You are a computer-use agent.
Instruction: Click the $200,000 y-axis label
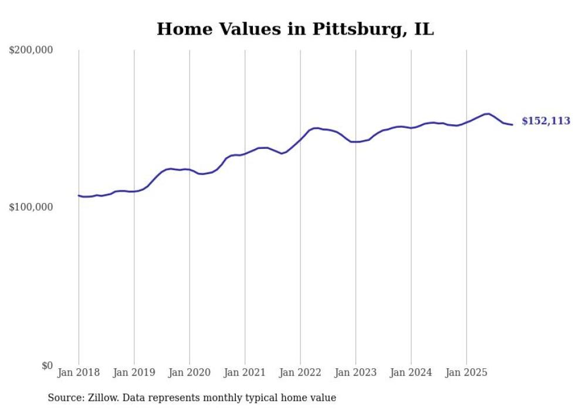tap(31, 50)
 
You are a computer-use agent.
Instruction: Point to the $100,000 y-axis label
tap(31, 208)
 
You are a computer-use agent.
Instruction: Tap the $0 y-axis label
tap(46, 365)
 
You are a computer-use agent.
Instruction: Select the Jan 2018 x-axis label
tap(79, 372)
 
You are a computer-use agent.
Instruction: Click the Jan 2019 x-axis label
tap(134, 372)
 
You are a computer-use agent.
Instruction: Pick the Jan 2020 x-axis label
tap(190, 372)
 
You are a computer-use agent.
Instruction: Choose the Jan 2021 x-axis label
tap(245, 372)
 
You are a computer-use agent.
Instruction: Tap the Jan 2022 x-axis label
tap(300, 372)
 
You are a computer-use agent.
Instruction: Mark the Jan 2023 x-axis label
tap(356, 372)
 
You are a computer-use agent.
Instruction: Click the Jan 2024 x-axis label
tap(411, 372)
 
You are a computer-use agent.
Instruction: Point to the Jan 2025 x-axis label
tap(466, 372)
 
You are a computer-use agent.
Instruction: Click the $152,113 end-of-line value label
tap(546, 121)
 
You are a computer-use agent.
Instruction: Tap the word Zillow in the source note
tap(102, 398)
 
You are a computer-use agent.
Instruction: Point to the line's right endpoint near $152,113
tap(512, 124)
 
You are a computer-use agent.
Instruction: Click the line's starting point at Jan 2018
tap(79, 195)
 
